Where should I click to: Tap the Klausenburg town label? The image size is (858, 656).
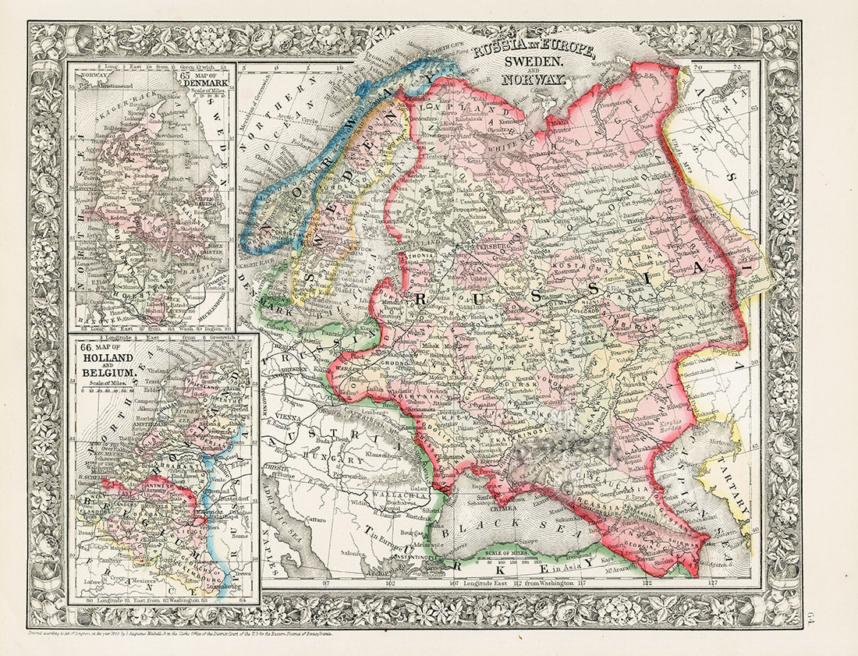pos(381,454)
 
